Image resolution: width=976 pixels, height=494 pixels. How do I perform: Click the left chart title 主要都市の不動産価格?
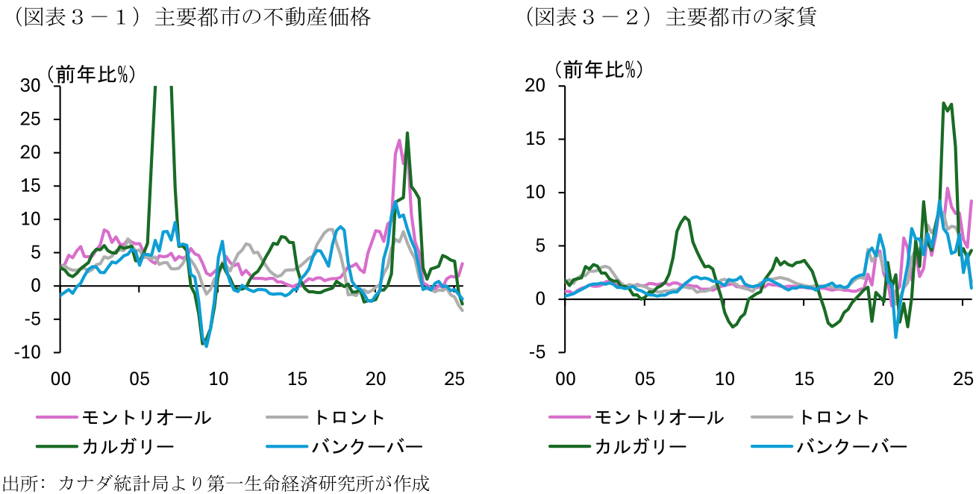coord(262,18)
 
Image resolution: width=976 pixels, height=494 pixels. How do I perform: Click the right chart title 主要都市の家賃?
coord(740,18)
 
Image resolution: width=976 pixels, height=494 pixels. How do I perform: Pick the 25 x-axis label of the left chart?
coord(454,379)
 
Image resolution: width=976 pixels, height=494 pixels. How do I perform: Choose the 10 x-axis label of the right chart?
coord(724,379)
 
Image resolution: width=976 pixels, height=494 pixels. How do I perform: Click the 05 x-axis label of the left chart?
coord(140,379)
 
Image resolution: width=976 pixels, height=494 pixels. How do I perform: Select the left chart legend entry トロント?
coord(349,418)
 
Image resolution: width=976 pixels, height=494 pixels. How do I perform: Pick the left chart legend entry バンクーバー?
coord(367,447)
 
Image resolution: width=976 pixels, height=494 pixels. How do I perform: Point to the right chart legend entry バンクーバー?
coord(852,447)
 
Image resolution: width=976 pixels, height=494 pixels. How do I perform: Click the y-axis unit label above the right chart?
coord(597,69)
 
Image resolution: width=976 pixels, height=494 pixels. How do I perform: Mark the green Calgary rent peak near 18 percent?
coord(944,104)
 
